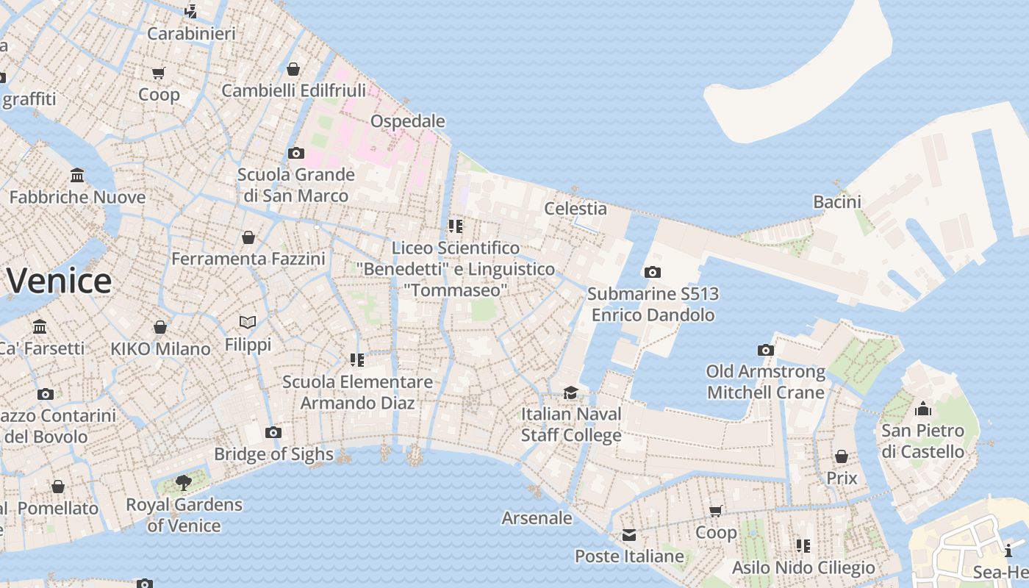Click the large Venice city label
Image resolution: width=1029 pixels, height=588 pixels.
(x=59, y=282)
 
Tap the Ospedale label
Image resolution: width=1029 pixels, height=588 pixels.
(x=408, y=121)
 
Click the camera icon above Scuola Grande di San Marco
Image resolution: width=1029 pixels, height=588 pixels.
(x=296, y=153)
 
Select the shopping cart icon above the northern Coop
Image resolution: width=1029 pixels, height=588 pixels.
(x=159, y=73)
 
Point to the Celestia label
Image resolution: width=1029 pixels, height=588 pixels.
(x=576, y=209)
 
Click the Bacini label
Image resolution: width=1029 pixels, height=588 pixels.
(x=837, y=201)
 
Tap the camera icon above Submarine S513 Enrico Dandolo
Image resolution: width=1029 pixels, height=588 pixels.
(x=652, y=272)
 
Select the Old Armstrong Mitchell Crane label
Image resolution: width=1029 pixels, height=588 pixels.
(x=766, y=382)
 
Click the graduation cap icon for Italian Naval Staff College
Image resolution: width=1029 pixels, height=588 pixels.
(x=570, y=392)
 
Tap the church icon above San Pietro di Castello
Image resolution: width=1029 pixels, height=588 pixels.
(x=923, y=409)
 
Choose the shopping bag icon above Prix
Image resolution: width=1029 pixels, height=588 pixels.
(x=842, y=456)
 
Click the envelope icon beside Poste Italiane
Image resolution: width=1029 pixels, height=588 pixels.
(x=629, y=535)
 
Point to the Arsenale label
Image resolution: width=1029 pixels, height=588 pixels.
(x=537, y=518)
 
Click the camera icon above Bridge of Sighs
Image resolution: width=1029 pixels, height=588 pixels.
(x=273, y=432)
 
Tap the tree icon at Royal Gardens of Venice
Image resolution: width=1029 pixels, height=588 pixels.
(x=184, y=483)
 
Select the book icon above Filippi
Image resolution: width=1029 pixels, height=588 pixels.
(x=248, y=322)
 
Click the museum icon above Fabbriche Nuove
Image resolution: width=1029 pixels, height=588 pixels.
(x=77, y=175)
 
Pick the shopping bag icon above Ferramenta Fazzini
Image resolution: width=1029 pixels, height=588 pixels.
(x=248, y=237)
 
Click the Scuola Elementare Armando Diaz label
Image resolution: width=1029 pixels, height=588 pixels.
(x=358, y=392)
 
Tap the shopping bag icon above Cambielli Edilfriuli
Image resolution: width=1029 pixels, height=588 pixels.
(x=293, y=69)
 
